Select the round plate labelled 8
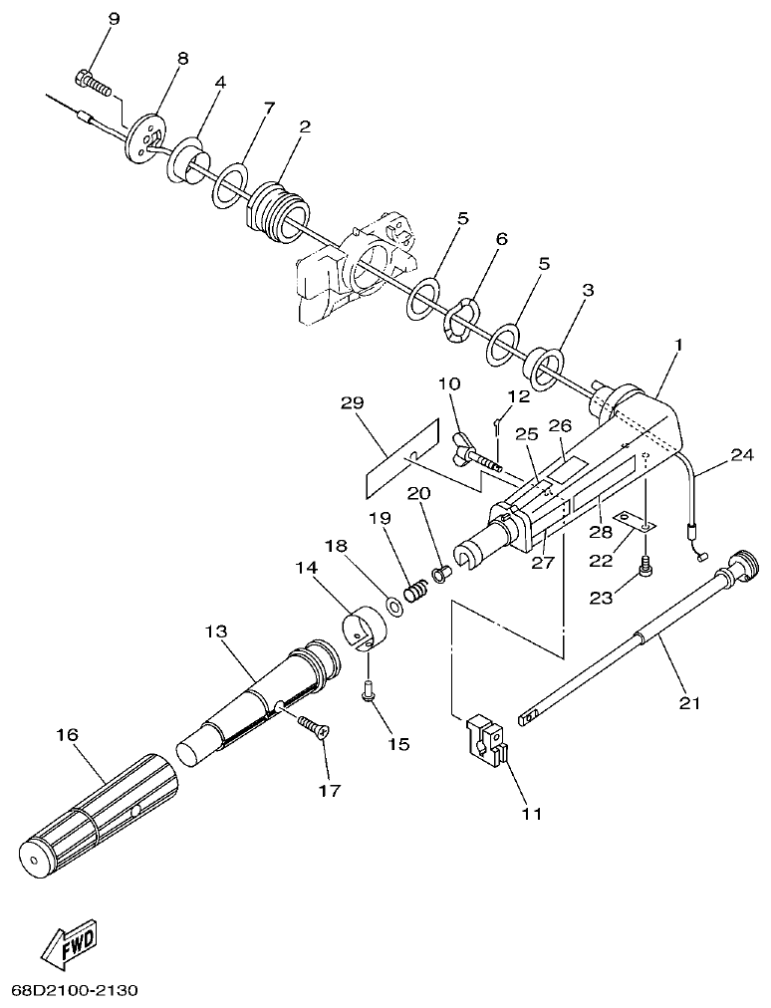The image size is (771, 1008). (x=146, y=137)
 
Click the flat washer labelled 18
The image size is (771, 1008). (x=394, y=605)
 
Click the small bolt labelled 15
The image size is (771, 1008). (x=368, y=687)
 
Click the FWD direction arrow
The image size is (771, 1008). (x=71, y=944)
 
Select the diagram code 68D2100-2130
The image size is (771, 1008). (x=75, y=991)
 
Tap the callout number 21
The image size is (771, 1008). (x=689, y=703)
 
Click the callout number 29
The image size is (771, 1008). (x=352, y=403)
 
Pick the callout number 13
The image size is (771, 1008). (x=216, y=631)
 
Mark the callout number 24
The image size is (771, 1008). (x=741, y=456)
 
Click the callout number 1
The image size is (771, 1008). (x=678, y=345)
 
